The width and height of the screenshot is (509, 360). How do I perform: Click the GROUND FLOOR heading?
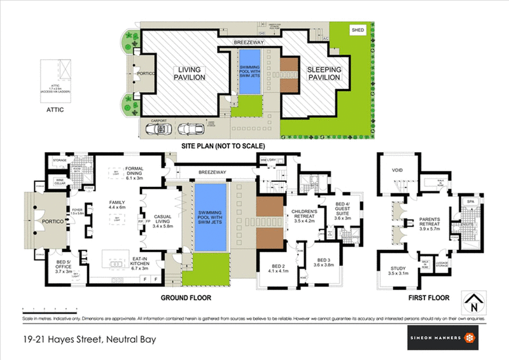[186, 298]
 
